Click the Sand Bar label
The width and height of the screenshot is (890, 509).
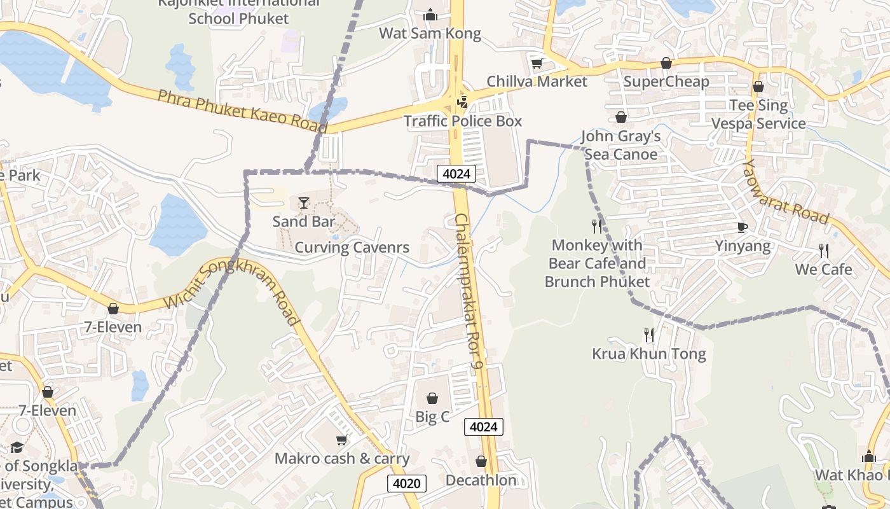tap(303, 221)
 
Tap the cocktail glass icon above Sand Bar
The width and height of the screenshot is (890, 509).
tap(304, 203)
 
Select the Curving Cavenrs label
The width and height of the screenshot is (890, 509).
tap(352, 248)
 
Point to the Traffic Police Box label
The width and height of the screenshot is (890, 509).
tap(463, 121)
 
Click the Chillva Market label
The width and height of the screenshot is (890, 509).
tap(537, 81)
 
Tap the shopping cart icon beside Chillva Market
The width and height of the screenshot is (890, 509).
tap(537, 63)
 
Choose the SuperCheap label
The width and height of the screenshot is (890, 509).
tap(666, 81)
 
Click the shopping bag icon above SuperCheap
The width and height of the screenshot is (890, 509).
tap(666, 63)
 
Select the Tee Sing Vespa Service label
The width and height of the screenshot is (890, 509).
tap(758, 115)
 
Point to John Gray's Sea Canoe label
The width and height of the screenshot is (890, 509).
tap(620, 145)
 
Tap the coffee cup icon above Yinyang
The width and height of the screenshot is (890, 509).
tap(742, 227)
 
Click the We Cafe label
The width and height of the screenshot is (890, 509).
tap(823, 269)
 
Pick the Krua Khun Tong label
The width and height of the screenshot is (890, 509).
tap(648, 354)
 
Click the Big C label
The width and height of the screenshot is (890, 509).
tap(432, 417)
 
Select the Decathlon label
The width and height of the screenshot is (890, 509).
tap(481, 480)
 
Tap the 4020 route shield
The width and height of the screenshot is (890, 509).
tap(406, 484)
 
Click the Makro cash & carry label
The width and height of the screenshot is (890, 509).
tap(342, 458)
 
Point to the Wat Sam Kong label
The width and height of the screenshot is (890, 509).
tap(430, 33)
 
